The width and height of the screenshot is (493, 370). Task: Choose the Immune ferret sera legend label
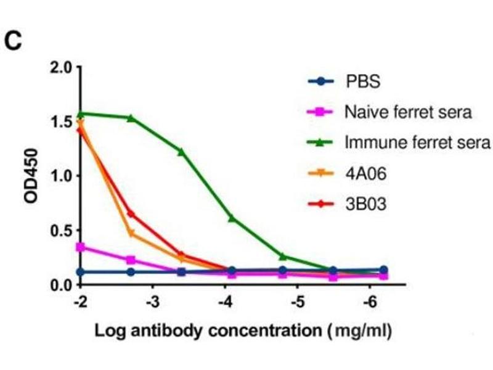(417, 143)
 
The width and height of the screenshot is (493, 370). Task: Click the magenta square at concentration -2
(80, 247)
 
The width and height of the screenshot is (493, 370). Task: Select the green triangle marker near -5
(282, 257)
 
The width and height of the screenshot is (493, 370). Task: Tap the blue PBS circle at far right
(383, 270)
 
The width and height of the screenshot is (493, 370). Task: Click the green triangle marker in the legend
(320, 143)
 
